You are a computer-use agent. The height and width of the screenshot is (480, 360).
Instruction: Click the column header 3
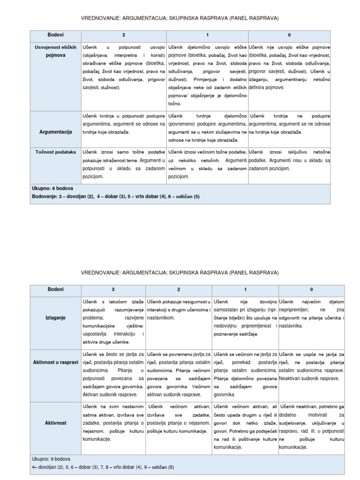(112, 289)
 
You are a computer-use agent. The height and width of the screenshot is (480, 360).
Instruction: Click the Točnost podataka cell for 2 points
(124, 164)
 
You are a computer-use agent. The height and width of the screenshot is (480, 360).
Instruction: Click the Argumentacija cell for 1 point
(207, 128)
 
